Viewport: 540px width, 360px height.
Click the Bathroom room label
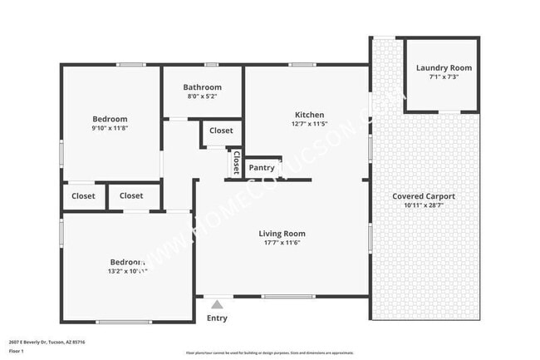coord(203,87)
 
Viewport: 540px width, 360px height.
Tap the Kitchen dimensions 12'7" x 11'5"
coord(310,124)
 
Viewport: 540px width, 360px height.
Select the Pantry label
coord(262,168)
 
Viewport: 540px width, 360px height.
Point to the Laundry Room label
coord(444,68)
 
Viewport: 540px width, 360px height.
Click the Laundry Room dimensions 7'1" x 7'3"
coord(444,77)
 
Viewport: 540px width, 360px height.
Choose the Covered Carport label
coord(424,196)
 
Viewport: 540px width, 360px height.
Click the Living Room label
coord(282,234)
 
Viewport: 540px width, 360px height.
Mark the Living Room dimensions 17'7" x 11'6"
coord(282,243)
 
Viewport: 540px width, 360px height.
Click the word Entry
coord(217,318)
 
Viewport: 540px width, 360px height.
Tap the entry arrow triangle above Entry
coord(217,304)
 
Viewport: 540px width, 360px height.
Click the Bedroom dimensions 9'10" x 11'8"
coord(110,128)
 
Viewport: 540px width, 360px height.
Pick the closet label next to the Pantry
coord(236,163)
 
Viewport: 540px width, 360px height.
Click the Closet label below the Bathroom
coord(221,131)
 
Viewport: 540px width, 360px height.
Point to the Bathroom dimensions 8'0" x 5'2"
coord(203,96)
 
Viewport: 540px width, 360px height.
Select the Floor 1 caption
coord(17,351)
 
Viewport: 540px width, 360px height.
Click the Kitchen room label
coord(310,115)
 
